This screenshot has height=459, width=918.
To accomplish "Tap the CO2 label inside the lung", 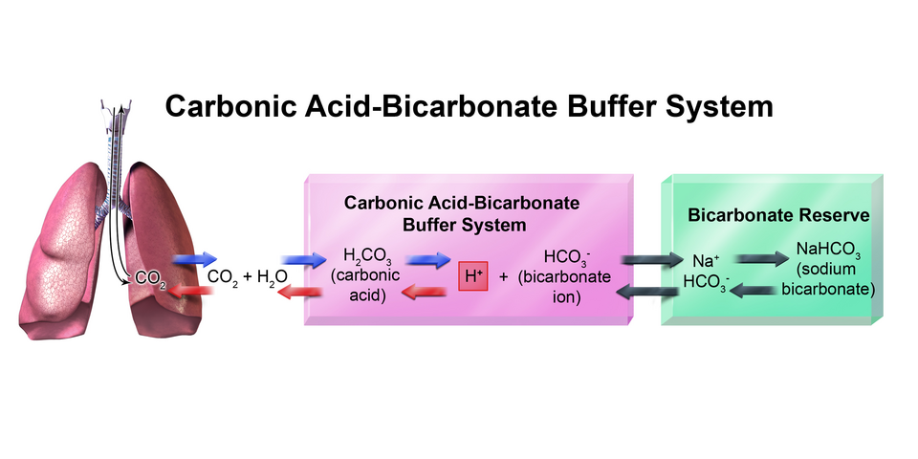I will pos(150,278).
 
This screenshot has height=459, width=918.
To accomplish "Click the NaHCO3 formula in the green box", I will pos(828,252).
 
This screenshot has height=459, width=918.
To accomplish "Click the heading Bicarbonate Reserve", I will pos(778,215).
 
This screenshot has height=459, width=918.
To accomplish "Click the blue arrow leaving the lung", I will pos(195,259).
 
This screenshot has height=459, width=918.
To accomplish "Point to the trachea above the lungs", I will pos(115,143).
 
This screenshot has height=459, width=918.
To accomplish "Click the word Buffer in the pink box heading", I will pos(421,226).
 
